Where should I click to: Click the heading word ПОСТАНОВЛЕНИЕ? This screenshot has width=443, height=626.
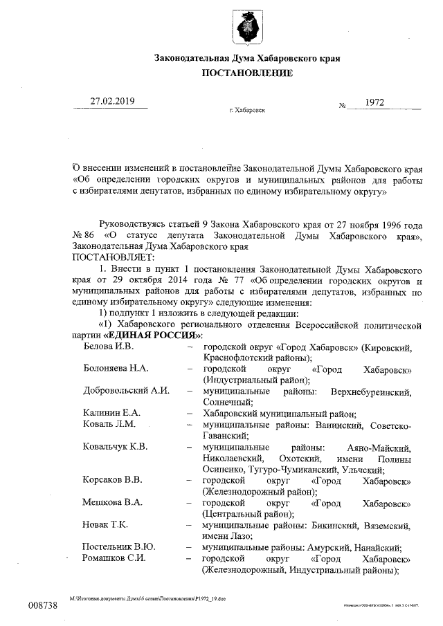coord(247,73)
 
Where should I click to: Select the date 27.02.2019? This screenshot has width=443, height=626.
coord(113,102)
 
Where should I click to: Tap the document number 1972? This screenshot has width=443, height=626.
coord(374,102)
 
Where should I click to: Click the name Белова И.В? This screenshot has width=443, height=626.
coord(107,345)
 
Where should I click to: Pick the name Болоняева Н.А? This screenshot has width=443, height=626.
coord(116,369)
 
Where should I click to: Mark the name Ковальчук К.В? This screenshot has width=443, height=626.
coord(115,447)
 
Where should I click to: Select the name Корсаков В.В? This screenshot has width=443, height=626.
coord(113,479)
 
